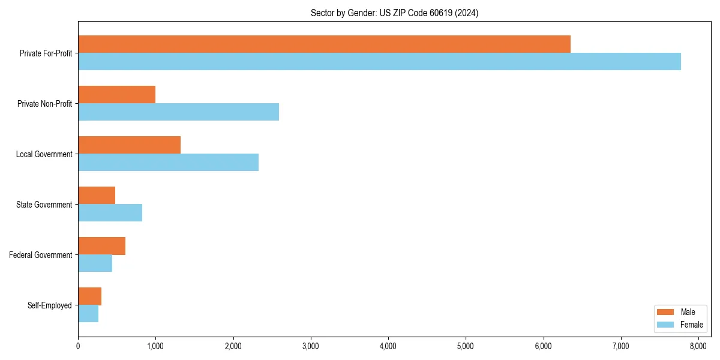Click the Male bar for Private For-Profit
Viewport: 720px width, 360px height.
click(x=324, y=44)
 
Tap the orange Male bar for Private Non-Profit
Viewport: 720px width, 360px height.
click(x=116, y=95)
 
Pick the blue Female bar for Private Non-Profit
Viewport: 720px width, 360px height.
click(x=178, y=112)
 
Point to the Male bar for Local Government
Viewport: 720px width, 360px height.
click(x=129, y=145)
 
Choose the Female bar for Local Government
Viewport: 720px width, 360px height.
click(x=168, y=163)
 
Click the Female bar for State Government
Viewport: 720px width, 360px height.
click(x=110, y=213)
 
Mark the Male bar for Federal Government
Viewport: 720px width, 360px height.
click(x=101, y=246)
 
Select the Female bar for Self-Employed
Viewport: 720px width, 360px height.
click(x=88, y=314)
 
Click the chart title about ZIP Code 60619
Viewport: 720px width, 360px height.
click(x=394, y=13)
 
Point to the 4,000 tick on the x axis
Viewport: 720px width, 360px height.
click(x=388, y=346)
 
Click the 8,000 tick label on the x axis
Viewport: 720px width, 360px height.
click(x=698, y=346)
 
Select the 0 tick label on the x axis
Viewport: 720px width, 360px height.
click(x=78, y=346)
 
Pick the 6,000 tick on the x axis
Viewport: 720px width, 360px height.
click(x=543, y=346)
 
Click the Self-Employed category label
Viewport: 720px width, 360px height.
click(x=50, y=305)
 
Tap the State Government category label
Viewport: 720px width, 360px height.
click(x=44, y=205)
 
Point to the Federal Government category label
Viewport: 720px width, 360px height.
click(x=41, y=255)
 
